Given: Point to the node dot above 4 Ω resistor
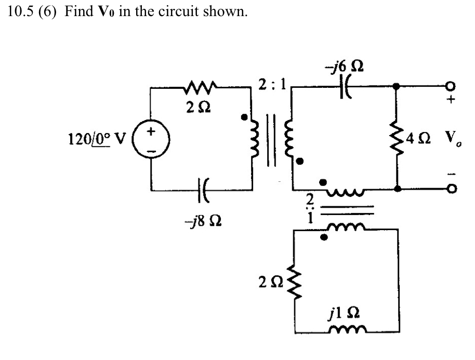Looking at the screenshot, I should (397, 86).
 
